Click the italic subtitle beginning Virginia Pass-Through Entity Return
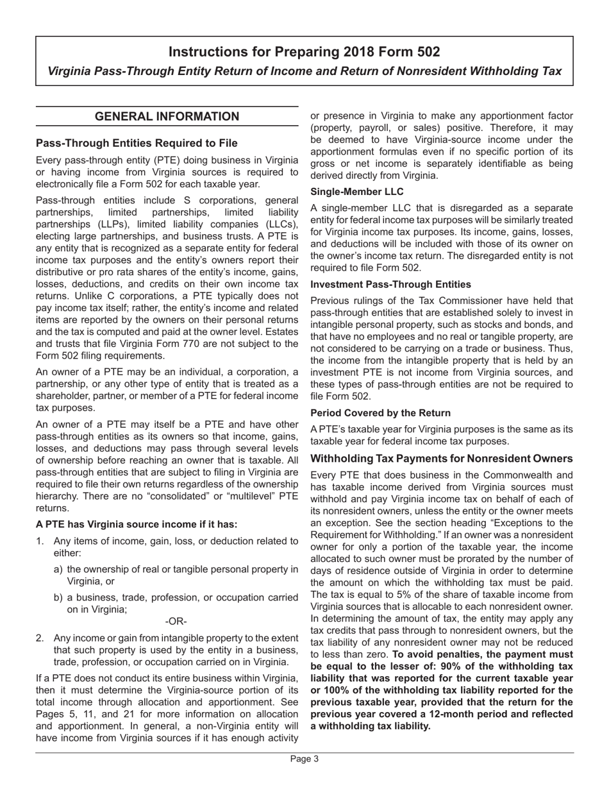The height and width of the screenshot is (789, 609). click(x=304, y=71)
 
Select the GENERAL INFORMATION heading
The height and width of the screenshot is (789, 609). click(x=167, y=116)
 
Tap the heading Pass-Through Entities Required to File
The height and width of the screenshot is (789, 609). click(x=137, y=142)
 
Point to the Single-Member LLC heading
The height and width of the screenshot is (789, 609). click(x=357, y=191)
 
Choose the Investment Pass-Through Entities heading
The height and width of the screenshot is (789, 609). click(x=390, y=284)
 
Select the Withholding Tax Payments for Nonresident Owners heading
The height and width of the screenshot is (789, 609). click(x=441, y=459)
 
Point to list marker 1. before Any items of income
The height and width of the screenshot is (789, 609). click(x=40, y=541)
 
